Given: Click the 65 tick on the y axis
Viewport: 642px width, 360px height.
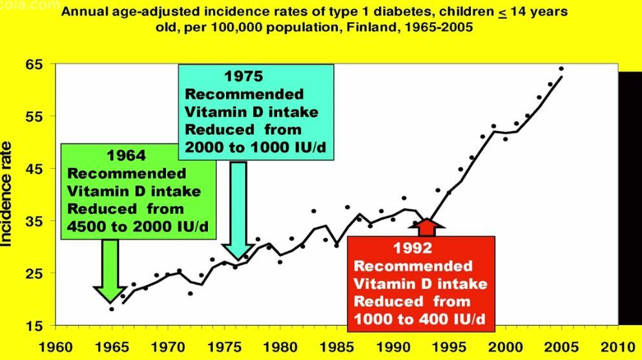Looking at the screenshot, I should (35, 65).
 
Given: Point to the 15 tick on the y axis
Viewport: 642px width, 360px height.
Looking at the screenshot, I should (35, 326).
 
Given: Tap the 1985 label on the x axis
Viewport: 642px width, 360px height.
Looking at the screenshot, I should (337, 344).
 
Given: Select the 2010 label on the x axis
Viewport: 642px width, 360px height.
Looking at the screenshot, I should (617, 344).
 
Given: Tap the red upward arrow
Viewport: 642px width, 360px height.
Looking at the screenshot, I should (428, 228).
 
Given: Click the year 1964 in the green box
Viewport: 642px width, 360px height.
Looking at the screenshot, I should (127, 156).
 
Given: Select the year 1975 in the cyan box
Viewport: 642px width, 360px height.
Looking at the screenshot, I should (243, 77).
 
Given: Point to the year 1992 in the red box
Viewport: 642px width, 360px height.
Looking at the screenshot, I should (413, 248).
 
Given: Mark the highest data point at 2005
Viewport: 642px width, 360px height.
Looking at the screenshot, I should (561, 69).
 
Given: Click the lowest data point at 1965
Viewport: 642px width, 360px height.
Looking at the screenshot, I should (112, 309).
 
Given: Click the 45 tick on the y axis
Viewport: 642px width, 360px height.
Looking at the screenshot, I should (35, 169).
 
